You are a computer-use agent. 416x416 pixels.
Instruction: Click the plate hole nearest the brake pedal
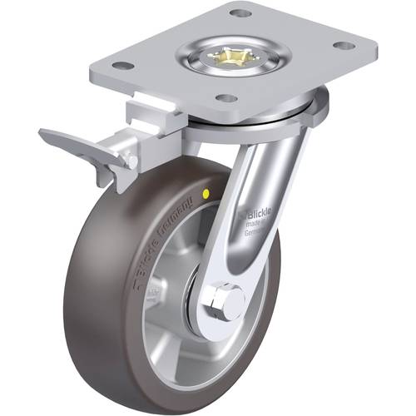121,64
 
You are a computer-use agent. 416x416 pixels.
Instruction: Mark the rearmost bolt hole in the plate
240,12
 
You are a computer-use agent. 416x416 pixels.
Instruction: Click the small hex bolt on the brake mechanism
130,158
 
